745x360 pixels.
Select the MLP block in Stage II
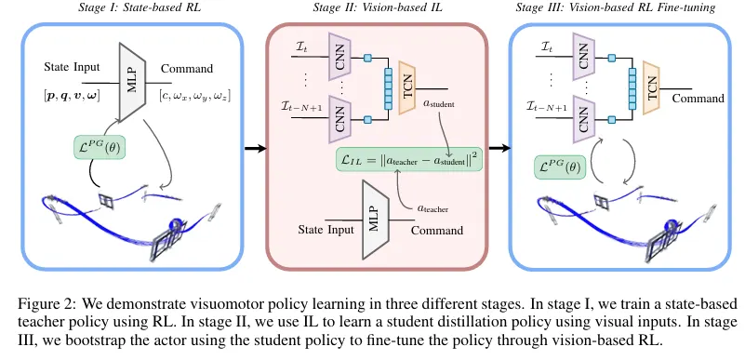376,220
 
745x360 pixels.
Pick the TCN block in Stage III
652,87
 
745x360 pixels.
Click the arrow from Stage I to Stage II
256,149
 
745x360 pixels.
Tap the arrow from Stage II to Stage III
499,149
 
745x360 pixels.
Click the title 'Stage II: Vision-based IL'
378,7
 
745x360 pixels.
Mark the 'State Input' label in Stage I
72,67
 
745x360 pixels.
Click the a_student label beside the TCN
439,103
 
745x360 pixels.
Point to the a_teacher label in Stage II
432,207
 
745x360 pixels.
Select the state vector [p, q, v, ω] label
72,97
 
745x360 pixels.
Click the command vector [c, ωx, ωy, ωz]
194,98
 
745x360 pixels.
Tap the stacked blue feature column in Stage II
388,88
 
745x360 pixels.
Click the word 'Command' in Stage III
698,99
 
